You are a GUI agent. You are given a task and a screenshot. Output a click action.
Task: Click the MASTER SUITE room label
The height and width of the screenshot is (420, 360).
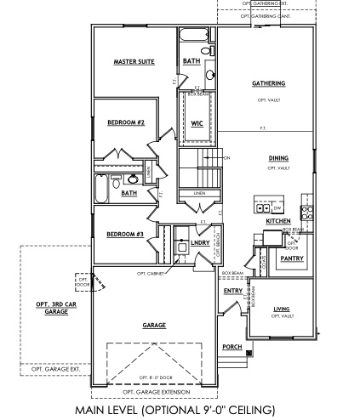point(134,62)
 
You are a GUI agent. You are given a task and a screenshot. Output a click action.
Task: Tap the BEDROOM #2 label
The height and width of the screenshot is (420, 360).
point(126,122)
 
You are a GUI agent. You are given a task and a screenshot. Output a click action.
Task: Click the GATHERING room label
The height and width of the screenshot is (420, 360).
point(268,83)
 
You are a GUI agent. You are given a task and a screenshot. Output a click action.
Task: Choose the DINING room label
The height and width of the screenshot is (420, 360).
point(278,158)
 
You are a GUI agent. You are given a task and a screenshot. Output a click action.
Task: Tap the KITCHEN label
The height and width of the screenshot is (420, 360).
point(278,220)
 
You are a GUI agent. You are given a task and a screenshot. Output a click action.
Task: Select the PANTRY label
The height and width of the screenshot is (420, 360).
point(292,258)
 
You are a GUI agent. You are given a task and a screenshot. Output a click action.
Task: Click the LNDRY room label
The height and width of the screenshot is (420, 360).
point(200,244)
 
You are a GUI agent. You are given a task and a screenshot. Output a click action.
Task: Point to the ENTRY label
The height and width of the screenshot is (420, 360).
point(233,291)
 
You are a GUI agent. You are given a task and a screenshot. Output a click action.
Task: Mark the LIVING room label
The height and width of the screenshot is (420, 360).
point(282,309)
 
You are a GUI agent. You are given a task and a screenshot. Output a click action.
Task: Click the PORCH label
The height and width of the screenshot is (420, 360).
point(231,346)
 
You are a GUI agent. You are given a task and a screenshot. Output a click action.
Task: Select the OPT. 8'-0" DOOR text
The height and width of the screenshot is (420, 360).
point(153,376)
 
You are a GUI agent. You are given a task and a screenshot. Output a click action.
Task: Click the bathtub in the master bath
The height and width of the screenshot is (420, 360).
point(191,37)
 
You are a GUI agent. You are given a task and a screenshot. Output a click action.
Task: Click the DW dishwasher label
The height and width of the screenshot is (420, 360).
point(277,207)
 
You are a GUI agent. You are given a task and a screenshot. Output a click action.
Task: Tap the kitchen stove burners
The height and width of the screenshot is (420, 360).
point(309,209)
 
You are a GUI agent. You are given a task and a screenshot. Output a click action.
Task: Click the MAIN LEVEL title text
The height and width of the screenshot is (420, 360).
point(179,410)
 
